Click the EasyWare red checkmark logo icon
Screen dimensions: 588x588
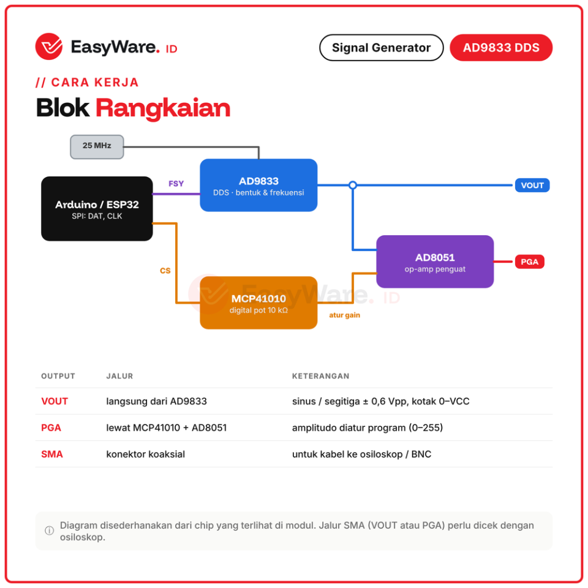pyautogui.click(x=49, y=47)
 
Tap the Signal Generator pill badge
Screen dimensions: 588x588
pyautogui.click(x=381, y=48)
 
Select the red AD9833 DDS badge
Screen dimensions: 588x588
pyautogui.click(x=501, y=48)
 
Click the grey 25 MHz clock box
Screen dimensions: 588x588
pyautogui.click(x=97, y=146)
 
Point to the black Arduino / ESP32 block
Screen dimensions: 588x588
pyautogui.click(x=97, y=208)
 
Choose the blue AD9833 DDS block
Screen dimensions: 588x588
pyautogui.click(x=258, y=185)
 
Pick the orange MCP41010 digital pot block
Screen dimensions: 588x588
pyautogui.click(x=258, y=303)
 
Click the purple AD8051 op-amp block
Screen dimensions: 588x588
pyautogui.click(x=435, y=262)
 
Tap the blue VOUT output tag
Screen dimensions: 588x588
pyautogui.click(x=532, y=185)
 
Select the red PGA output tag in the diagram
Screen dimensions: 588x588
pyautogui.click(x=529, y=262)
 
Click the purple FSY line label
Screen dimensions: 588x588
pyautogui.click(x=176, y=184)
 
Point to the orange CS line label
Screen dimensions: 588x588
pyautogui.click(x=165, y=271)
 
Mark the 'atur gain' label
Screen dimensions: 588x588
pyautogui.click(x=345, y=315)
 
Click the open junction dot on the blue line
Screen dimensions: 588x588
pyautogui.click(x=353, y=185)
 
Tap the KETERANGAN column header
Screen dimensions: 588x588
pyautogui.click(x=320, y=376)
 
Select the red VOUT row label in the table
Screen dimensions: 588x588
pyautogui.click(x=55, y=401)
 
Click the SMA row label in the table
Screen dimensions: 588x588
pyautogui.click(x=51, y=454)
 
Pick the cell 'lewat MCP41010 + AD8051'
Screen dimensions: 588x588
pyautogui.click(x=167, y=428)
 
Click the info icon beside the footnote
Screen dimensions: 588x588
pyautogui.click(x=49, y=530)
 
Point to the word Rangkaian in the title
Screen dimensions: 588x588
pyautogui.click(x=163, y=108)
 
